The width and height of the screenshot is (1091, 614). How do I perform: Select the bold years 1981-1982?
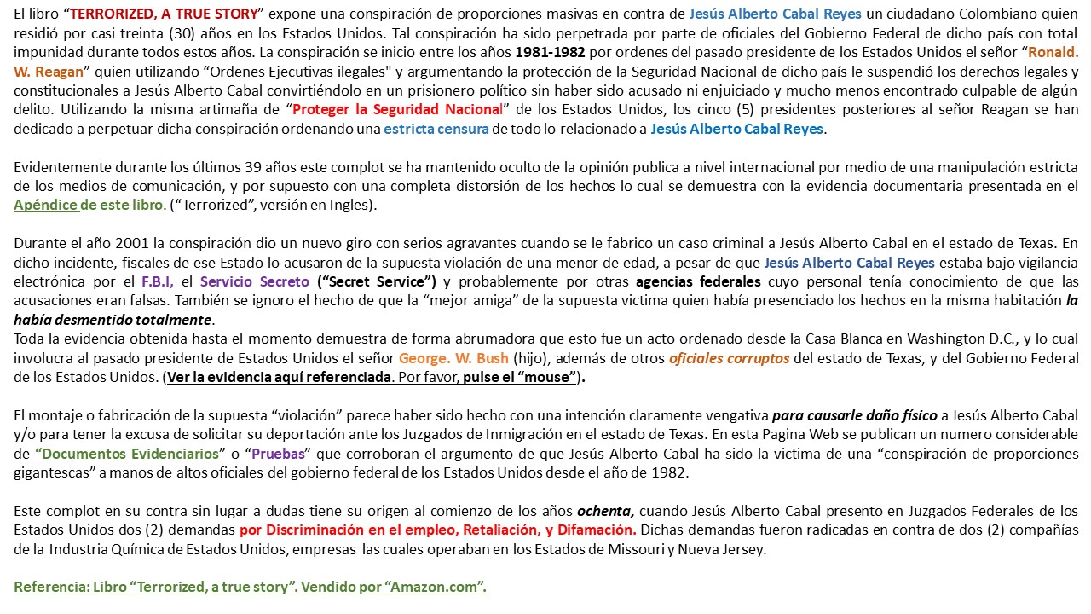(x=551, y=52)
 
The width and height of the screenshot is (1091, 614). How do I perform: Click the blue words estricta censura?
(x=436, y=129)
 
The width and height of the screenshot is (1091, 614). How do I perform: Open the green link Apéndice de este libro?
(x=88, y=206)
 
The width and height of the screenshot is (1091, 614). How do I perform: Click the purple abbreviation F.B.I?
(x=158, y=281)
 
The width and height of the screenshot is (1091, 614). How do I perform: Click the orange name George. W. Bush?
(x=453, y=358)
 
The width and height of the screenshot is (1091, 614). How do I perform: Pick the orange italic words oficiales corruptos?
(x=729, y=358)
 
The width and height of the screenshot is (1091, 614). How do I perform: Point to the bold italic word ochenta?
(x=604, y=511)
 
